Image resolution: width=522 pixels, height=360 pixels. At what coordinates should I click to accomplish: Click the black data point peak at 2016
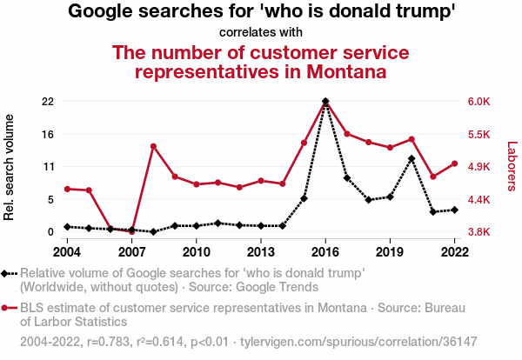pyautogui.click(x=325, y=102)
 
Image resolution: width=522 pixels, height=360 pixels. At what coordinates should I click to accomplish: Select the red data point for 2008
pyautogui.click(x=153, y=146)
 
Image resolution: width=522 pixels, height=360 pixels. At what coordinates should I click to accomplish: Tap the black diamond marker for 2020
pyautogui.click(x=412, y=158)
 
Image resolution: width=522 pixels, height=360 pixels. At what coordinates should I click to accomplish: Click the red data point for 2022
pyautogui.click(x=454, y=163)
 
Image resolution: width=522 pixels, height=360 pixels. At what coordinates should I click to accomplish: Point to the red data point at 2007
pyautogui.click(x=132, y=231)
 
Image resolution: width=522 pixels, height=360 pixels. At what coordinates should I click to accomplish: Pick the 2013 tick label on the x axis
pyautogui.click(x=261, y=251)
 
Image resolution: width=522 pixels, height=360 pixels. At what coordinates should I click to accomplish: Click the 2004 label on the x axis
pyautogui.click(x=67, y=251)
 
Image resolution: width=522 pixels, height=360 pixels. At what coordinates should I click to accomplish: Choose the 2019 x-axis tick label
pyautogui.click(x=390, y=251)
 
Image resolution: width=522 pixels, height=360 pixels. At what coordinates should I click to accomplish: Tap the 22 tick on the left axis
pyautogui.click(x=48, y=102)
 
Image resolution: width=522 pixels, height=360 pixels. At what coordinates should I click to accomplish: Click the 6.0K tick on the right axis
pyautogui.click(x=480, y=102)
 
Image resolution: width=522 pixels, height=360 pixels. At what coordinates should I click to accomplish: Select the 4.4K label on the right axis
pyautogui.click(x=480, y=199)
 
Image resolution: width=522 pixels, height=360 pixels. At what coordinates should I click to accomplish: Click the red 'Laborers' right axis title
pyautogui.click(x=512, y=167)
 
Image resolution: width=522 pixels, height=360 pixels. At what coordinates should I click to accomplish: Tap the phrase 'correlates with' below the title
pyautogui.click(x=261, y=33)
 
